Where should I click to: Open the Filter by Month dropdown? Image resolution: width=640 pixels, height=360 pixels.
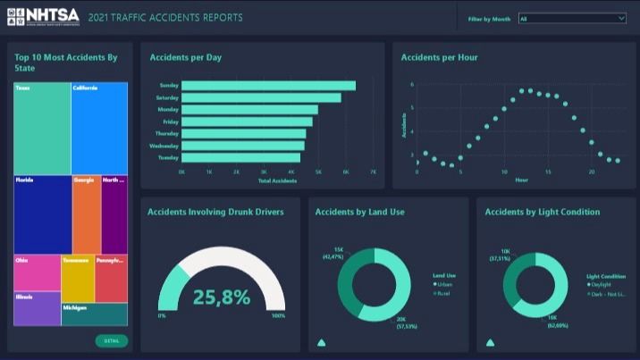pos(572,18)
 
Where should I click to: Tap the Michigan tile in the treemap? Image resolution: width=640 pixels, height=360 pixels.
pos(94,314)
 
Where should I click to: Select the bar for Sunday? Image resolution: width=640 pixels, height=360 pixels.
pos(268,86)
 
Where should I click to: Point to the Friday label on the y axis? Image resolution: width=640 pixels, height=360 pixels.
pos(169,121)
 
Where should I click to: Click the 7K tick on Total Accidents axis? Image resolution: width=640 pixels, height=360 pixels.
pos(373,171)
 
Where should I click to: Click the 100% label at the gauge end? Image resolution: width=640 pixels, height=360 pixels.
pos(278,316)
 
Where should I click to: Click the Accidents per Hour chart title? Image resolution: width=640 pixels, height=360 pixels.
pos(439,57)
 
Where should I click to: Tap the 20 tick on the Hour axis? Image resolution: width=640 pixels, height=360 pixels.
pos(591,171)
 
